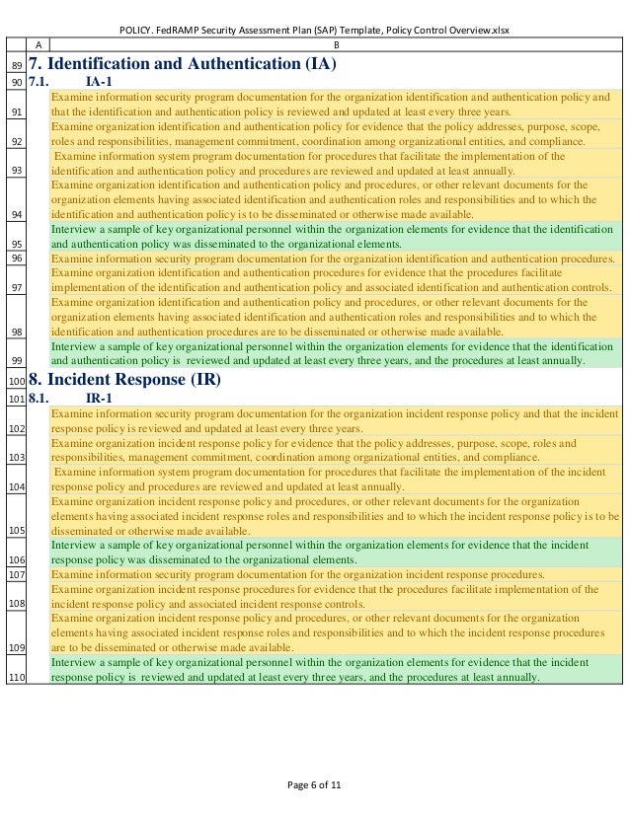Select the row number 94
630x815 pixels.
pos(16,213)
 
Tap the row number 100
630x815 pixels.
pos(16,381)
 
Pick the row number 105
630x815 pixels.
pos(16,530)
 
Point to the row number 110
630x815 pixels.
pos(16,678)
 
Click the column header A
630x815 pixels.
pos(39,44)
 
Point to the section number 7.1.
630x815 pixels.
pos(40,82)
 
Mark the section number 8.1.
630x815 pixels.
pos(40,398)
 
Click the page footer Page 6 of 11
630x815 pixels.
pos(314,784)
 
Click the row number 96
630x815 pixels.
pos(16,258)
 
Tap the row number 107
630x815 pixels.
pos(16,573)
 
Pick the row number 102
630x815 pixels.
pos(16,429)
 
